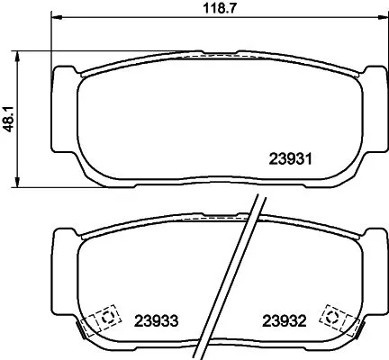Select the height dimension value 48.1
(x=10, y=118)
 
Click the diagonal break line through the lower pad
(x=239, y=270)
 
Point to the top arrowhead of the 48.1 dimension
(x=20, y=55)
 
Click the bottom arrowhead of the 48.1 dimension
(x=20, y=183)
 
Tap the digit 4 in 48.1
(x=10, y=128)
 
